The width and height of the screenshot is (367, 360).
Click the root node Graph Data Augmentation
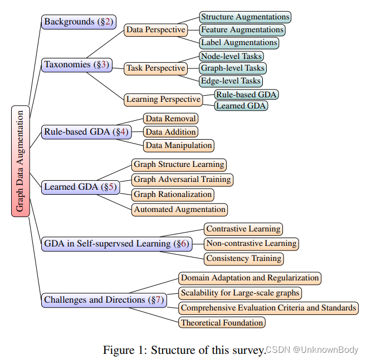(20, 161)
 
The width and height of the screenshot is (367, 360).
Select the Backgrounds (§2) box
(79, 22)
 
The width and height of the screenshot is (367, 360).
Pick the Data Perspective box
(155, 29)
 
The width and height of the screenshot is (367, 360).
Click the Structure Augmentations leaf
(245, 17)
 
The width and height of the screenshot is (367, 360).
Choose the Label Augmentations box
(239, 42)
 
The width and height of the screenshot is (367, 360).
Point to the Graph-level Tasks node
(233, 68)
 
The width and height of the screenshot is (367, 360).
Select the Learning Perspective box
(163, 100)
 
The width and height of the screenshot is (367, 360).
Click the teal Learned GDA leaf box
(241, 106)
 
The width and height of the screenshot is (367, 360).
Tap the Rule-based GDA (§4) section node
(86, 132)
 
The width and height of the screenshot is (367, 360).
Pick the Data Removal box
(170, 119)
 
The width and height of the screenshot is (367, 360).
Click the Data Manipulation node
(179, 145)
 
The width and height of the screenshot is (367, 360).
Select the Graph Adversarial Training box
(182, 179)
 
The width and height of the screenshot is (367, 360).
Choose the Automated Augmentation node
(179, 210)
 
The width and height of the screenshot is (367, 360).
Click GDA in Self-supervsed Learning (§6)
(116, 243)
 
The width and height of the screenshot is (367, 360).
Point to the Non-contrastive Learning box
(251, 244)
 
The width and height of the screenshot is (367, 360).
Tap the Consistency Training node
(244, 259)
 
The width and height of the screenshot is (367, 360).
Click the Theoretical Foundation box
(222, 322)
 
